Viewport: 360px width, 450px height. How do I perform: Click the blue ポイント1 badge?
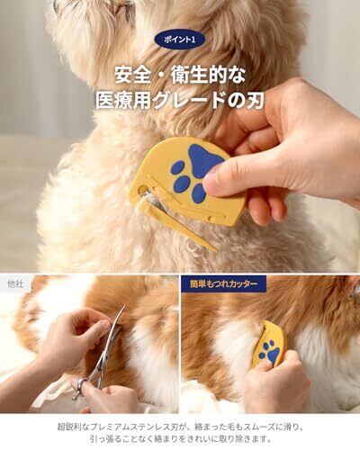coord(180,40)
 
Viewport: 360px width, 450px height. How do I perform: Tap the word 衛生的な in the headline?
coord(209,75)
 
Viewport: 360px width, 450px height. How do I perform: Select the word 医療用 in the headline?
coord(123,100)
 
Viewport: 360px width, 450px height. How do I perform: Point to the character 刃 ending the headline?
coord(256,100)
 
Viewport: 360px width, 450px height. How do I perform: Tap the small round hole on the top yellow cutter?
coord(143,189)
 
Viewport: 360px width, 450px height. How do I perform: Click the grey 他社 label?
coord(15,283)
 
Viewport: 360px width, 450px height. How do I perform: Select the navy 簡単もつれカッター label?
coord(223,283)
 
